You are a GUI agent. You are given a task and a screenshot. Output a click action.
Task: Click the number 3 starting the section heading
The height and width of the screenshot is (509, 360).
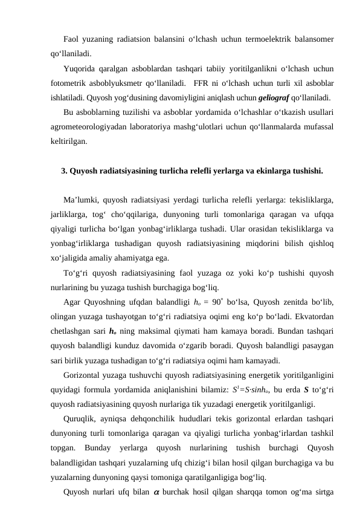64,170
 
